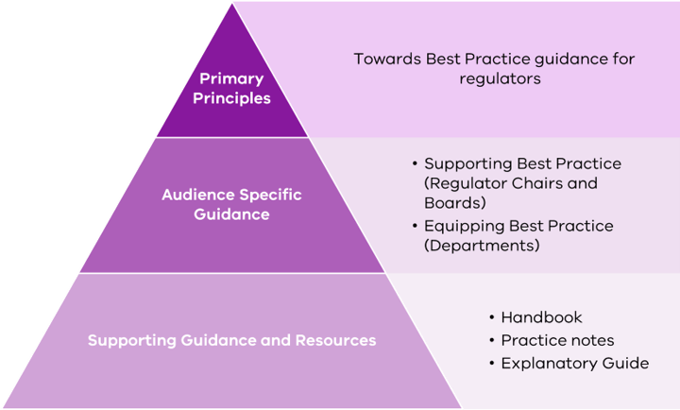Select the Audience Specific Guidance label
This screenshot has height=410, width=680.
pyautogui.click(x=231, y=204)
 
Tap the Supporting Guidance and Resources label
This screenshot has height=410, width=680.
pyautogui.click(x=231, y=339)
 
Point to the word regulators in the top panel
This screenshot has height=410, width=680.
pyautogui.click(x=500, y=79)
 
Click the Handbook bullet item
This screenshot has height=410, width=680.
pyautogui.click(x=541, y=317)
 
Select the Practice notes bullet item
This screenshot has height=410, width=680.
pyautogui.click(x=557, y=340)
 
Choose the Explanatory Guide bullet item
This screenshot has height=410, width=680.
pyautogui.click(x=574, y=363)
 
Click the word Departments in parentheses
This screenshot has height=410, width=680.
pyautogui.click(x=482, y=246)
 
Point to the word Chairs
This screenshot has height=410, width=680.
pyautogui.click(x=529, y=182)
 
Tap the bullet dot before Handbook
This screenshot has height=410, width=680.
pyautogui.click(x=491, y=317)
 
